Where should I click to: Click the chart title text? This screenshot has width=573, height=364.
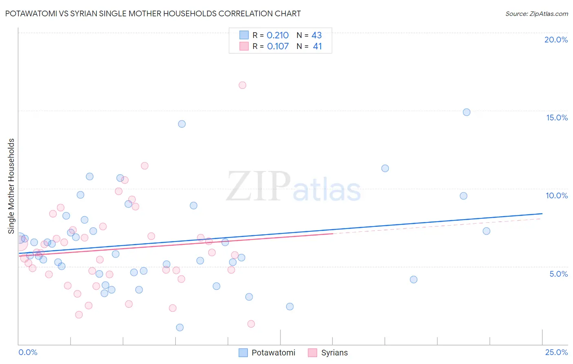[153, 13]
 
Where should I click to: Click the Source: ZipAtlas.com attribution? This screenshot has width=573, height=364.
[536, 13]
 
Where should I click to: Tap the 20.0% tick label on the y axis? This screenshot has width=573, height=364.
[556, 40]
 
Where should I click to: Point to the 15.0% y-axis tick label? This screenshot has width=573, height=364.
[557, 118]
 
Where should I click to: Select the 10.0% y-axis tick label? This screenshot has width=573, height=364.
[556, 195]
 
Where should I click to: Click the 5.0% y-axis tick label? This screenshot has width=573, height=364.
[558, 274]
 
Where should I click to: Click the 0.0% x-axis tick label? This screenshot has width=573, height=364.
[28, 352]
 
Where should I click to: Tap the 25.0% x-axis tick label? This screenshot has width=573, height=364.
[556, 352]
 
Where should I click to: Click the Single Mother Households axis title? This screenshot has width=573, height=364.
[11, 186]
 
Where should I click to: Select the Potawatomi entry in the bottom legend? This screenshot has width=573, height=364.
[273, 353]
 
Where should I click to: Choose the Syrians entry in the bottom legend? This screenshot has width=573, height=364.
[334, 353]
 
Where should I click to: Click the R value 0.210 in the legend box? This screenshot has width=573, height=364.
[278, 36]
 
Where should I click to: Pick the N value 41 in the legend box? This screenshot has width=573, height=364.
[317, 47]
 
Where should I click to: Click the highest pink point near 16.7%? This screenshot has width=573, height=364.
[242, 85]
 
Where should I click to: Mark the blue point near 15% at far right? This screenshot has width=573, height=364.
[467, 112]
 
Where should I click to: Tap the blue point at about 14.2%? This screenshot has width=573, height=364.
[182, 124]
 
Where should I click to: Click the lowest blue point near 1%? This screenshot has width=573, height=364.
[180, 327]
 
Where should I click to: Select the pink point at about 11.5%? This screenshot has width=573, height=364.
[145, 166]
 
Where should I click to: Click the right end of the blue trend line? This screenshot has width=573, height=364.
[542, 213]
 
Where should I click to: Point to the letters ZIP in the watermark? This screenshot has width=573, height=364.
[258, 186]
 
